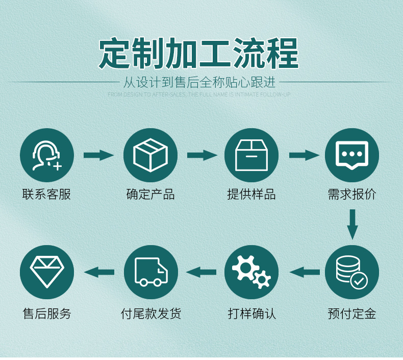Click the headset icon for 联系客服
point(47,155)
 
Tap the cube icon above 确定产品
point(150,155)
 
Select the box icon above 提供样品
point(251,155)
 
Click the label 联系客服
point(47,195)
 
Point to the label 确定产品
point(150,195)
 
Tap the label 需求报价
point(352,195)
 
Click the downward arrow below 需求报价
point(352,224)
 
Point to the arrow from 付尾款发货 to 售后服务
point(99,272)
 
